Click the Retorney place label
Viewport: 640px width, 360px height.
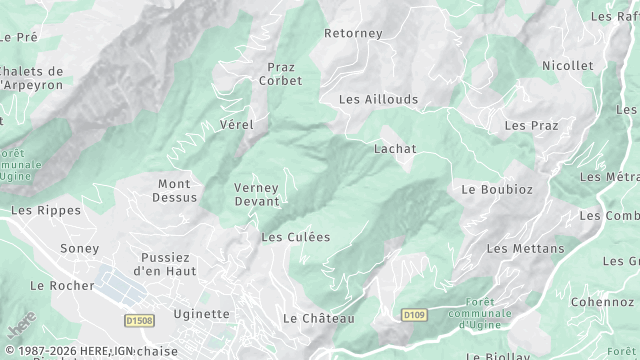pyautogui.click(x=353, y=33)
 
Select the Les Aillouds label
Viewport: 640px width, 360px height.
pyautogui.click(x=378, y=99)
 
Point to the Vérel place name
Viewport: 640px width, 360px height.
pyautogui.click(x=236, y=124)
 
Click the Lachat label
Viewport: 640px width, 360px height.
pyautogui.click(x=394, y=149)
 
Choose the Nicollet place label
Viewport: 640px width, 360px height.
pyautogui.click(x=567, y=65)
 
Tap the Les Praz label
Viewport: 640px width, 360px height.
pyautogui.click(x=531, y=125)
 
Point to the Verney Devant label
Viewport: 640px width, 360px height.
pyautogui.click(x=256, y=194)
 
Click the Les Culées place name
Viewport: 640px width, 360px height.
pyautogui.click(x=295, y=237)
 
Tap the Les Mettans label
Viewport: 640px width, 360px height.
pyautogui.click(x=525, y=248)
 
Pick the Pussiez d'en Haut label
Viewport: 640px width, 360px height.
pyautogui.click(x=168, y=264)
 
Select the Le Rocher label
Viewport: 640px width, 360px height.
pyautogui.click(x=62, y=285)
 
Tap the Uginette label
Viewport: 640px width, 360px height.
pyautogui.click(x=201, y=313)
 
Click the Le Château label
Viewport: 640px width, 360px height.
pyautogui.click(x=318, y=318)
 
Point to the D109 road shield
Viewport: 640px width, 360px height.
pyautogui.click(x=414, y=315)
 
